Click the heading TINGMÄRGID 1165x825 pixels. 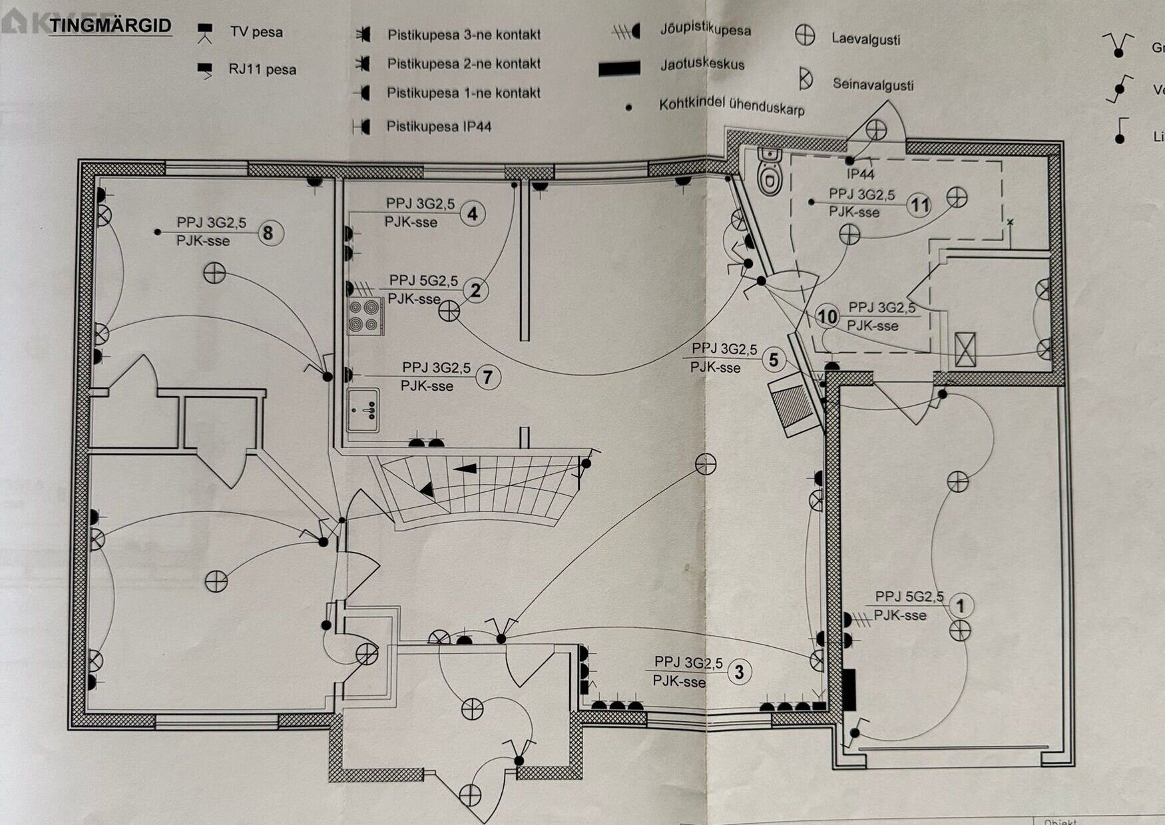(x=111, y=27)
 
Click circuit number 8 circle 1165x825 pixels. (x=268, y=233)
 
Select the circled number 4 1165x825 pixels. (x=473, y=214)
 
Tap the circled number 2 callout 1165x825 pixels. (x=475, y=291)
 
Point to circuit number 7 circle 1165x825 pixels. (x=488, y=378)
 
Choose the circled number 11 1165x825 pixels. (x=919, y=205)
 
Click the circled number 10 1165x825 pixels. (x=827, y=316)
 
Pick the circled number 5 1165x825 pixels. (x=774, y=360)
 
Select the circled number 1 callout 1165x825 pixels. (x=960, y=606)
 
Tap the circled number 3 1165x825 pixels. (x=739, y=672)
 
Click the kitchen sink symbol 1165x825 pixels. (x=363, y=410)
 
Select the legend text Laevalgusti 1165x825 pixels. (x=865, y=39)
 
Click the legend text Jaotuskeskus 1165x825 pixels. (x=702, y=65)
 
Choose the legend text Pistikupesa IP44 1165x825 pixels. (x=439, y=127)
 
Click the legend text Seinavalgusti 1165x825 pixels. (x=873, y=85)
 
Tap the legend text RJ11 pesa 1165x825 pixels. (x=262, y=69)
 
